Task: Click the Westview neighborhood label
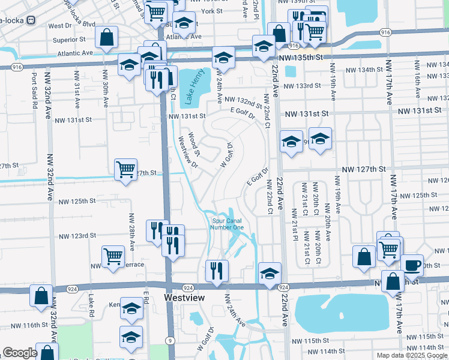point(184,298)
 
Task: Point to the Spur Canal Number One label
point(228,224)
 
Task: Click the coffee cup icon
point(412,265)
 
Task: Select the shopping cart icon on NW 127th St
point(126,170)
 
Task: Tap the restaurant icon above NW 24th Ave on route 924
point(216,271)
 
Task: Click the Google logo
point(20,353)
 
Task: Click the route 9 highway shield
point(171,341)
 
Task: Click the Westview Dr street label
point(188,152)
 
